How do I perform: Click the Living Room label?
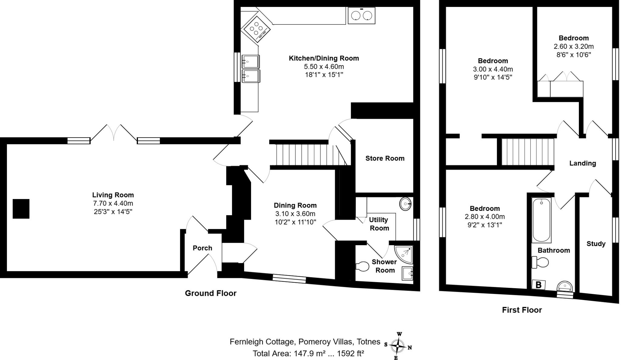point(113,195)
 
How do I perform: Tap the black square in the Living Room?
point(21,209)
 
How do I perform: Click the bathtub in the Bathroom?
point(542,220)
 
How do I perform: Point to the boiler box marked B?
point(539,285)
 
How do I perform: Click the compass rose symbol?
point(397,346)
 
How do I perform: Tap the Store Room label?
point(385,158)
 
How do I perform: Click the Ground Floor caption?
point(210,293)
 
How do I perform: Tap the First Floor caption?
point(522,310)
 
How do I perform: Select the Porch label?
point(202,248)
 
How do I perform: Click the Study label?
point(596,244)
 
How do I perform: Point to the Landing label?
point(582,163)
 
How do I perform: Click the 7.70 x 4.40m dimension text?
point(113,203)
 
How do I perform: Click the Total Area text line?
point(308,353)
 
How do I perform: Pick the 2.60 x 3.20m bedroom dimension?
point(573,47)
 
